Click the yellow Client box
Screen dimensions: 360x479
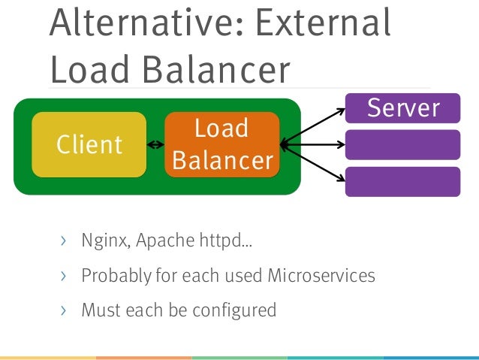pos(89,144)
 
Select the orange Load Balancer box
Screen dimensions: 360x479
pos(221,144)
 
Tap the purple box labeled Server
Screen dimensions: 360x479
pos(402,107)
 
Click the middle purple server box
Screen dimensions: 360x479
pos(402,144)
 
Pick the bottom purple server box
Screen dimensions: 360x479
pos(402,181)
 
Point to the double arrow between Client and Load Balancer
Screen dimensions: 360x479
pos(155,145)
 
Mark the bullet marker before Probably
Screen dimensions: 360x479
pos(64,276)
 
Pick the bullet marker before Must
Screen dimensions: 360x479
pos(64,309)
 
